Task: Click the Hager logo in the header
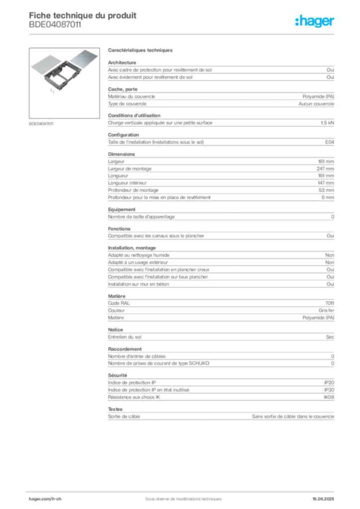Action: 315,21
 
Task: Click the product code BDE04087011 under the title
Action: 55,25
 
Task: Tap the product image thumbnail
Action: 64,83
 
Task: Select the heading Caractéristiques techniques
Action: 140,50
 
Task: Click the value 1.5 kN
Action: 327,123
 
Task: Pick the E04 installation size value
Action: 330,142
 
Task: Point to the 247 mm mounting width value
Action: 325,169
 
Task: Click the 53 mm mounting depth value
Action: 326,190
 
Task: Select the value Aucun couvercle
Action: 316,104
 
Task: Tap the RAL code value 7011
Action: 330,303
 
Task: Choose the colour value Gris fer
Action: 326,310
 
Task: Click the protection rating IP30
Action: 329,390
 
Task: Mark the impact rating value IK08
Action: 329,397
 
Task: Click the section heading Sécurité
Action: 117,375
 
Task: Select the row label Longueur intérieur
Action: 127,183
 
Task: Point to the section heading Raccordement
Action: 125,349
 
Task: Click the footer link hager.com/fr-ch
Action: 45,499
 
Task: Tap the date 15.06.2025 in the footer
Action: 323,499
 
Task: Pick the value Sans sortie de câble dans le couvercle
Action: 293,417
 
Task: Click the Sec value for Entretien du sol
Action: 330,337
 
